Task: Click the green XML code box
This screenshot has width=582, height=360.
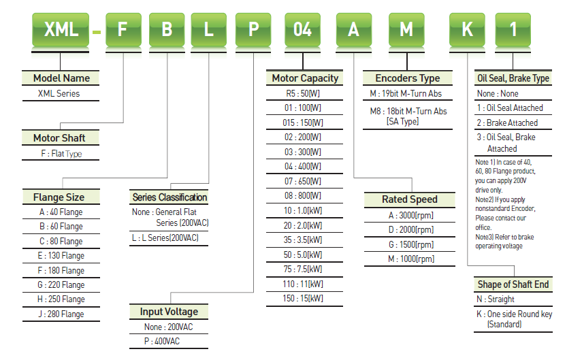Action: pos(61,30)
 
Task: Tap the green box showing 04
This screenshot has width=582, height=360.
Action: pos(302,30)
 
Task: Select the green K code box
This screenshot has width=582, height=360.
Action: pos(467,30)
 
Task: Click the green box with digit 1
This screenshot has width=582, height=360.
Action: pos(513,30)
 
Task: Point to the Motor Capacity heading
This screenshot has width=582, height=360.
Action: pos(305,78)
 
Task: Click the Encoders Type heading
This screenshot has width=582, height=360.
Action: pos(408,78)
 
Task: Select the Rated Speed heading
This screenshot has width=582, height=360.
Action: pos(410,199)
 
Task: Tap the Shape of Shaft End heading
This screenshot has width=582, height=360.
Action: pos(513,284)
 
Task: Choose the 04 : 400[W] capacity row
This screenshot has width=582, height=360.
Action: pos(303,167)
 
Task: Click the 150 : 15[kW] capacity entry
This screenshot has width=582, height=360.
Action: pos(303,298)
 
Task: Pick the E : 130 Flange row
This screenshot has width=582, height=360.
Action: pos(61,256)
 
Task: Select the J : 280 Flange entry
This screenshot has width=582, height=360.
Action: pos(61,314)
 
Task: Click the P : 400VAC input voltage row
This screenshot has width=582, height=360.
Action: pos(162,342)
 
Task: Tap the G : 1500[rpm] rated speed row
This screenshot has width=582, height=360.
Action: pos(411,244)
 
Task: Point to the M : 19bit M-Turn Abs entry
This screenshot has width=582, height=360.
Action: pos(406,93)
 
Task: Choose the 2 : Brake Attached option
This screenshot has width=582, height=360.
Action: pos(507,123)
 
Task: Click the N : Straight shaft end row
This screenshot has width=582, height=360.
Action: pos(496,299)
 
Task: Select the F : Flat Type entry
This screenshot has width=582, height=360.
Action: pos(61,154)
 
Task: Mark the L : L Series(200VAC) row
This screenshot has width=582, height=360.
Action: pos(165,238)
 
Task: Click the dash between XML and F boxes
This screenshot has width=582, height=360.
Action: pos(97,32)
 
